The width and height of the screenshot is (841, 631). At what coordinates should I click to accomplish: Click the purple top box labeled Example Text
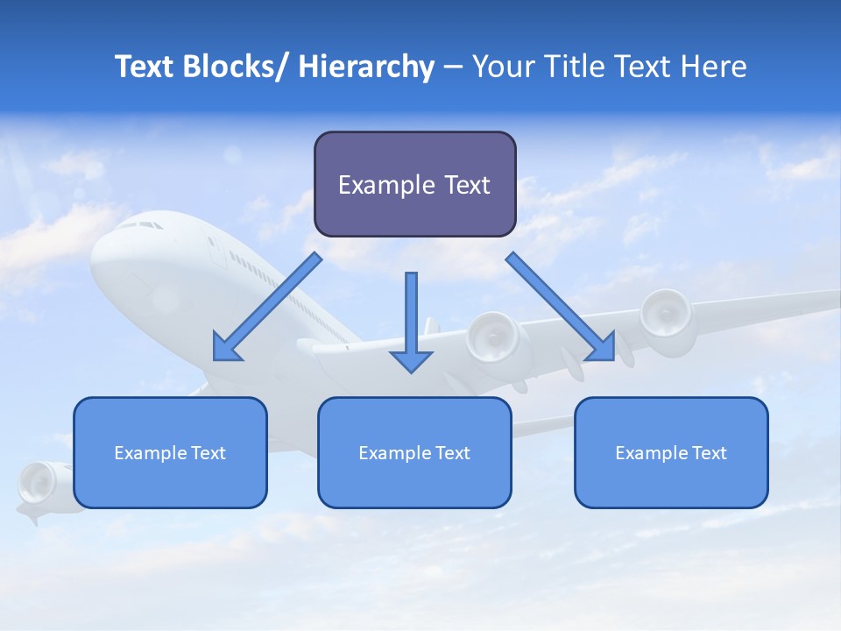click(414, 184)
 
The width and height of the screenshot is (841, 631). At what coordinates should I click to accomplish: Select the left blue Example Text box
click(170, 452)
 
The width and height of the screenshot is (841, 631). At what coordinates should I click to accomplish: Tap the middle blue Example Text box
click(414, 452)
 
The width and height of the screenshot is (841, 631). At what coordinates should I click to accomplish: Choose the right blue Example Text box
click(671, 452)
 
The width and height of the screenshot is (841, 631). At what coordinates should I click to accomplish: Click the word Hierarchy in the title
click(366, 67)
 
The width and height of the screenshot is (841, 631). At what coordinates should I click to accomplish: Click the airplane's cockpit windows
click(140, 225)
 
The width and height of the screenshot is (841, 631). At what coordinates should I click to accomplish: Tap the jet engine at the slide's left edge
click(37, 483)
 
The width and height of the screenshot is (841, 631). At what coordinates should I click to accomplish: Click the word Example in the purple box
click(374, 185)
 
